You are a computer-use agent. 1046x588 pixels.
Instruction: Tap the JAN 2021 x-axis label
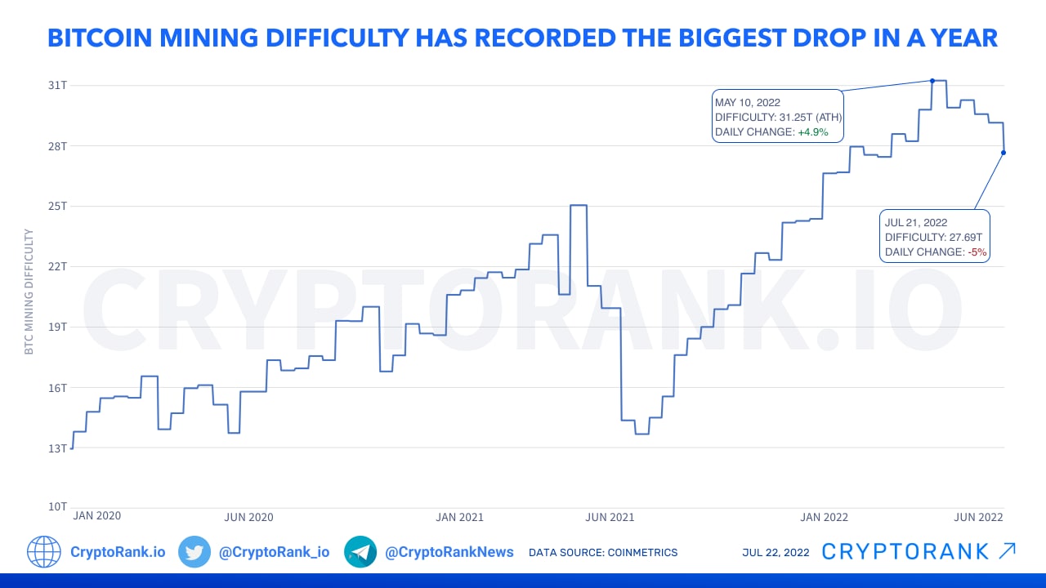(459, 517)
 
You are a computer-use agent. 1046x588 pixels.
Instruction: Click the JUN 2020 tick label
(248, 517)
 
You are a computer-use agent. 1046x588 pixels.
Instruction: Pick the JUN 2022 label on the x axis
(978, 517)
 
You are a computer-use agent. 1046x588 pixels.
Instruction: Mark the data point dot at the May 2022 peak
(932, 81)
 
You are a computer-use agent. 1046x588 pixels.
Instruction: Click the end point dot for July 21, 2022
(1004, 153)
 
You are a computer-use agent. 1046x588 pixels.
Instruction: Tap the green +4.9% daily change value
(814, 132)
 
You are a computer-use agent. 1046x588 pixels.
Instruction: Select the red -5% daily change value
(977, 252)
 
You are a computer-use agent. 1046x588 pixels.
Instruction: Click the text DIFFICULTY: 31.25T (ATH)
(778, 118)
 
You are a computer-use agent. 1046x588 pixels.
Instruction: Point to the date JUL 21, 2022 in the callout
(915, 222)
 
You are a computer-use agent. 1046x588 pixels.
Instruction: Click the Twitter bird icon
(194, 552)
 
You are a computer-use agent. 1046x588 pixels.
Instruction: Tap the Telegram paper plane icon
(360, 552)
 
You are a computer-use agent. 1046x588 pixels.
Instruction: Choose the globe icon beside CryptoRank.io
(44, 552)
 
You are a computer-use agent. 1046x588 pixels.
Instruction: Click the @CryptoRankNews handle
(449, 552)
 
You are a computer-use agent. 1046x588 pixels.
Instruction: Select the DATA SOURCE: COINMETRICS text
(603, 553)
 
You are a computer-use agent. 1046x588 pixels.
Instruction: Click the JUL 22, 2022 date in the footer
(776, 553)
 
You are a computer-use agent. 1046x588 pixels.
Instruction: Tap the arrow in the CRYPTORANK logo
(1008, 551)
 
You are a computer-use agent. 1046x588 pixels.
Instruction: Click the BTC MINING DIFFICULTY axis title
(29, 292)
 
